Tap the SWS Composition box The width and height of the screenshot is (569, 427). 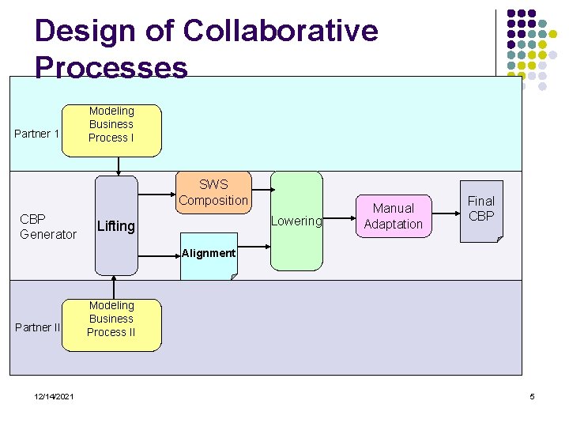[x=213, y=192]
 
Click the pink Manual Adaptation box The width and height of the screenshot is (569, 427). [x=393, y=216]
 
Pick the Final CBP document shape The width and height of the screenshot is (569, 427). [x=480, y=210]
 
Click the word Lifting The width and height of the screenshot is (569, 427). [x=116, y=226]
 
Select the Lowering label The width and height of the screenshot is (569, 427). [x=296, y=221]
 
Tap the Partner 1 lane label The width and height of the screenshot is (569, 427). [x=37, y=134]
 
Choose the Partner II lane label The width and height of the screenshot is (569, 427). [x=38, y=327]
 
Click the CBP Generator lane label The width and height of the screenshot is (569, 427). [x=48, y=226]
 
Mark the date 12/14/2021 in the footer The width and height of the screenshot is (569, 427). [x=55, y=396]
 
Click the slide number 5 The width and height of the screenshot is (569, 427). [x=533, y=396]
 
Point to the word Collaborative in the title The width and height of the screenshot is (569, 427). [x=280, y=31]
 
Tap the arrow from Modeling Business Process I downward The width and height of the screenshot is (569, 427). [x=119, y=164]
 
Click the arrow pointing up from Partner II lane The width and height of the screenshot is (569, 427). [x=115, y=287]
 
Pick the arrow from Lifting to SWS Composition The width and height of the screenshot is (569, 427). [x=156, y=192]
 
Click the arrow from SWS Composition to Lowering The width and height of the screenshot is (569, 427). [x=262, y=191]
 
